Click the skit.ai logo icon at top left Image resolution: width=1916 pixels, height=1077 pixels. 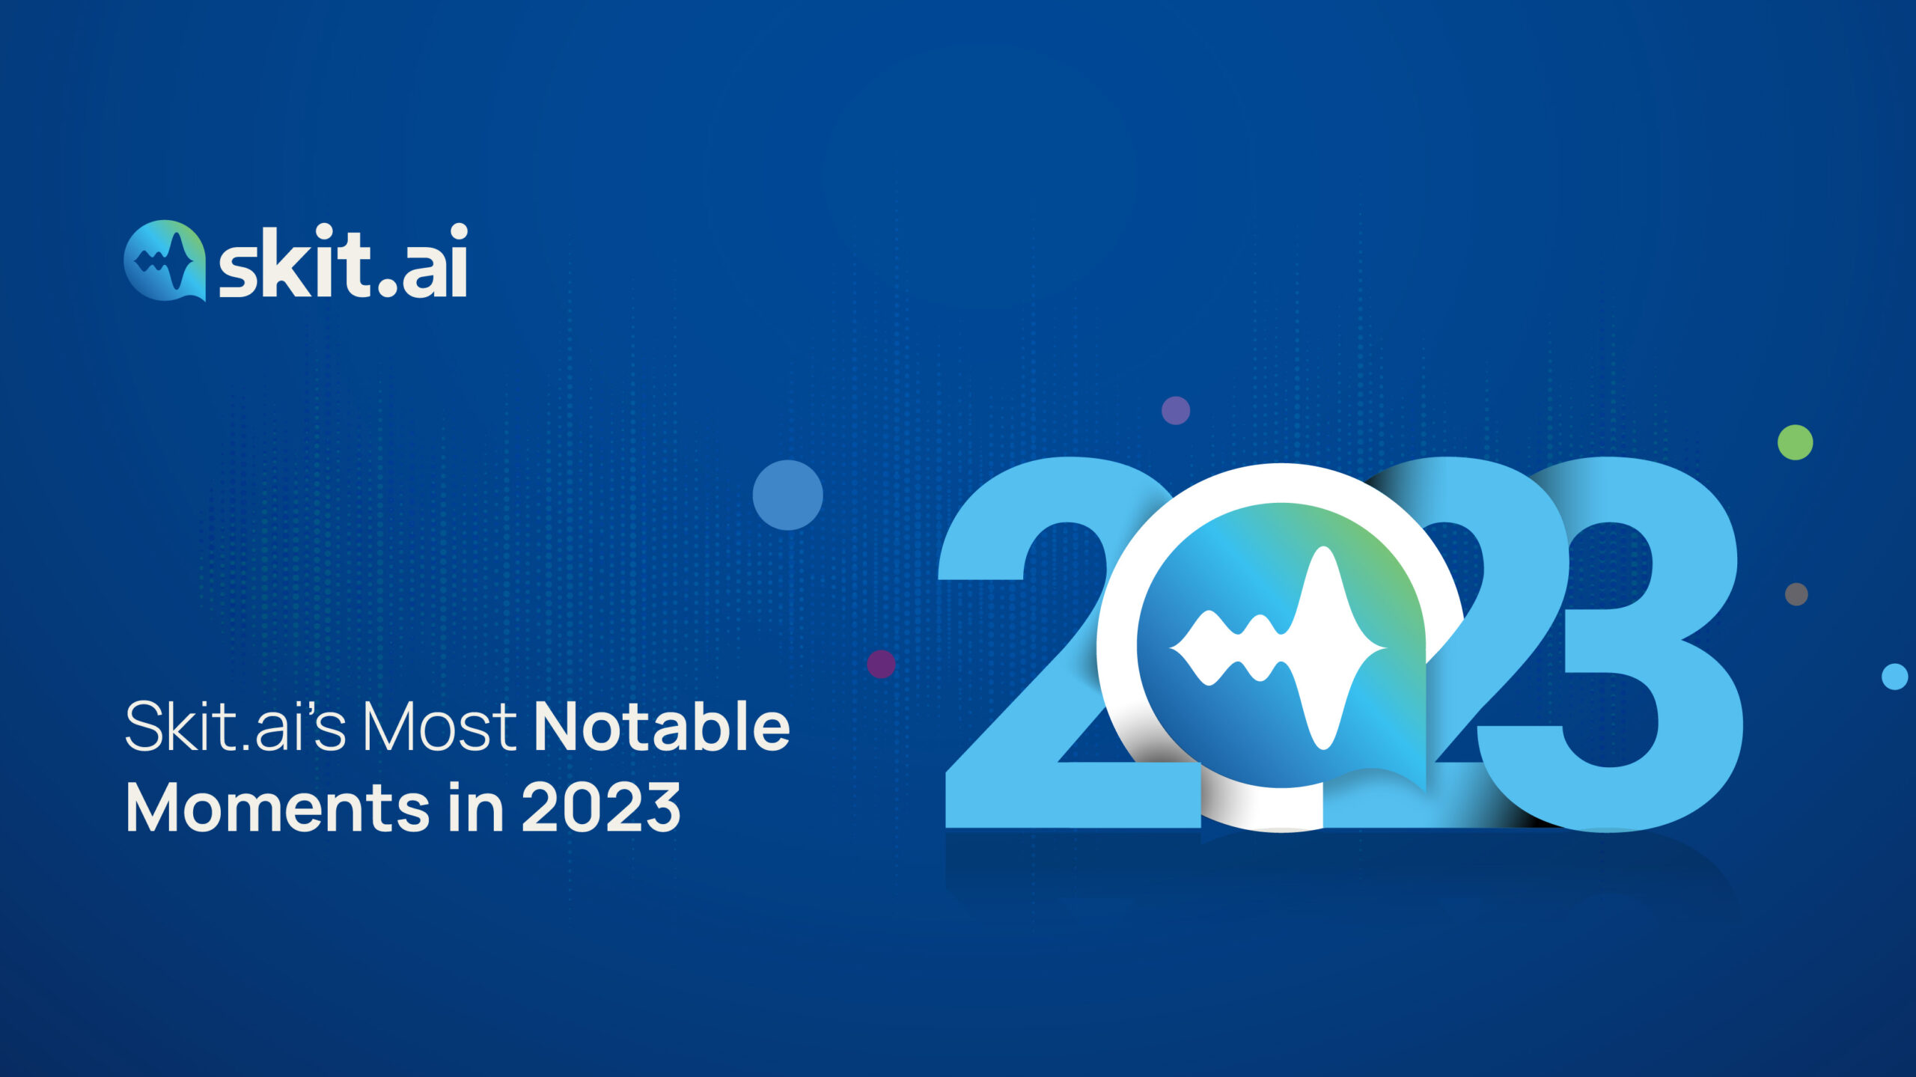pos(165,260)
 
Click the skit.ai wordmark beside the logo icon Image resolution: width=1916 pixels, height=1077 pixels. pos(344,260)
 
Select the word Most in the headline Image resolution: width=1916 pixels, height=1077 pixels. pos(439,727)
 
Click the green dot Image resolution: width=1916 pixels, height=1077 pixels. pos(1795,442)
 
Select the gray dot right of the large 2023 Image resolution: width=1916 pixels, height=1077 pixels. pos(1796,594)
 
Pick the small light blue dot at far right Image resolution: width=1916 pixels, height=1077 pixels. pos(1894,677)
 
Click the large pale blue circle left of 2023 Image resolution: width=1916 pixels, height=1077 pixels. pos(787,495)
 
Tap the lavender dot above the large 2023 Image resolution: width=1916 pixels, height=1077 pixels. pos(1175,410)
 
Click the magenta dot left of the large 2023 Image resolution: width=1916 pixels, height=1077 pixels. pos(881,664)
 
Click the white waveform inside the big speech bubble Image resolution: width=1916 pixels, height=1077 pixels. pos(1278,648)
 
